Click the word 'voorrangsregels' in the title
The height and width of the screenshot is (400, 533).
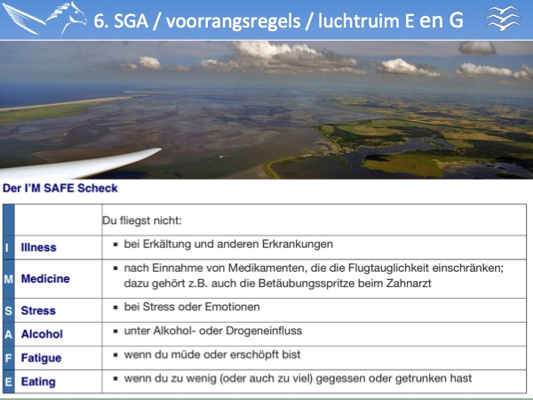tap(233, 21)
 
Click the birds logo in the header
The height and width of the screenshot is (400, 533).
tap(504, 19)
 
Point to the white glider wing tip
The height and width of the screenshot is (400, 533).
tap(160, 149)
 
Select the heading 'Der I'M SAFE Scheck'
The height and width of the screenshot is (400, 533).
tap(60, 188)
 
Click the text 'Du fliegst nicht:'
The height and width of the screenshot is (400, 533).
tap(142, 220)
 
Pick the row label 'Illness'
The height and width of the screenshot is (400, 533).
tap(38, 247)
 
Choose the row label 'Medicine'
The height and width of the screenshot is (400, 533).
tap(45, 278)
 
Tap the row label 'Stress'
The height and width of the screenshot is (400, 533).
tap(38, 310)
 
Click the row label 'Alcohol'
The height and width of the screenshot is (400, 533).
tap(42, 334)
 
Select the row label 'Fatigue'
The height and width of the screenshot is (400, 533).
tap(41, 358)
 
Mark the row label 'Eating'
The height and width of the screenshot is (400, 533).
tap(38, 381)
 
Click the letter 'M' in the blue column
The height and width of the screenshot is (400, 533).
tap(9, 279)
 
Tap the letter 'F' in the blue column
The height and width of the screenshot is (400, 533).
tap(9, 358)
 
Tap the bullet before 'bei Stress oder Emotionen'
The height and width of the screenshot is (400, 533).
tap(115, 308)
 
